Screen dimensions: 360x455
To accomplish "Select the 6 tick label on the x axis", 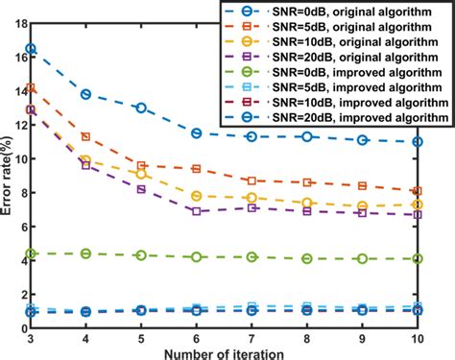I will pyautogui.click(x=197, y=339).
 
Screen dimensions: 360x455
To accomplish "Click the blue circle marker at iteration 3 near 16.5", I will pyautogui.click(x=31, y=48).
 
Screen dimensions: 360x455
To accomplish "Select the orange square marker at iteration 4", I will pyautogui.click(x=86, y=137).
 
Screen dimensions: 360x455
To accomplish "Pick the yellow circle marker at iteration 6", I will pyautogui.click(x=197, y=196).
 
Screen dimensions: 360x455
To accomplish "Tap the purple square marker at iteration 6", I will pyautogui.click(x=197, y=211).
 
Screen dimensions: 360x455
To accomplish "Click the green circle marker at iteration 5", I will pyautogui.click(x=141, y=255).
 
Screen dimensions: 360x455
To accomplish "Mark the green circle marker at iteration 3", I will pyautogui.click(x=31, y=253).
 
